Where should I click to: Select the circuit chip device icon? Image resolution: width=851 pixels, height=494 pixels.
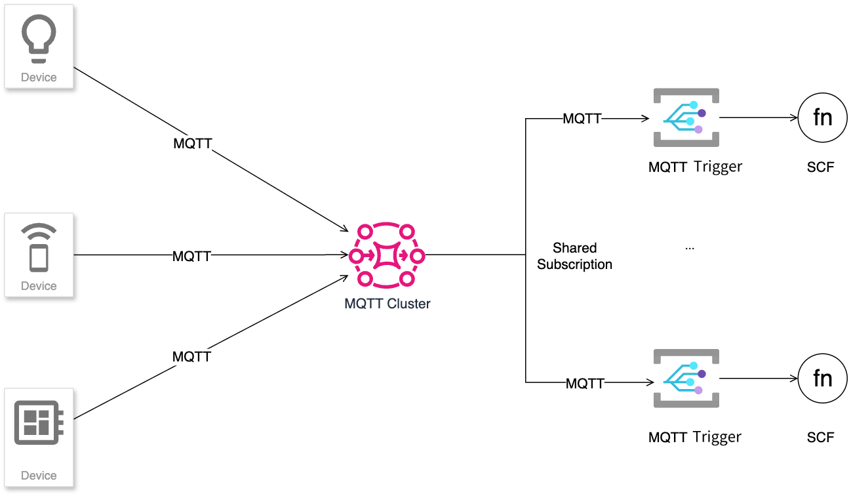point(39,423)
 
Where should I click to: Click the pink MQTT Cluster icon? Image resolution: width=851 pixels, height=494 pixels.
point(387,255)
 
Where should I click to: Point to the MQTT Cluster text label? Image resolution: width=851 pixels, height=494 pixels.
point(387,304)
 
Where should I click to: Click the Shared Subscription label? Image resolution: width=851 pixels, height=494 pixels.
point(574,257)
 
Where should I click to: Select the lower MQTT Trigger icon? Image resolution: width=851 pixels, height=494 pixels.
point(686,379)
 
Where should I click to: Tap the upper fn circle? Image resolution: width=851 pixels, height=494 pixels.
point(822,118)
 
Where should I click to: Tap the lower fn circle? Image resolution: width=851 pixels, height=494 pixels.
point(822,379)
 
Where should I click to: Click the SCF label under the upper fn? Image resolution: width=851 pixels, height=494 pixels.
point(820,167)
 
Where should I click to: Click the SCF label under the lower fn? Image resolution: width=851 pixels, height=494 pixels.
point(820,437)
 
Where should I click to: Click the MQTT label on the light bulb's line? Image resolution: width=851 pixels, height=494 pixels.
point(193,144)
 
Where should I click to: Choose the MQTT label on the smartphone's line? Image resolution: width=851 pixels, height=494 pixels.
point(191,257)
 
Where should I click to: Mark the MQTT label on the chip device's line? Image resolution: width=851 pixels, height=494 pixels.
point(191,357)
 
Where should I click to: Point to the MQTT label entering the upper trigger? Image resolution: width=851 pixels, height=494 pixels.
point(582,119)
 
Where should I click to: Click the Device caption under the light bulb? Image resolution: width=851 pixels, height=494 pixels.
point(39,77)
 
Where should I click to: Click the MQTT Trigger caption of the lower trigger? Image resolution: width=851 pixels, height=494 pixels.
point(695,437)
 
